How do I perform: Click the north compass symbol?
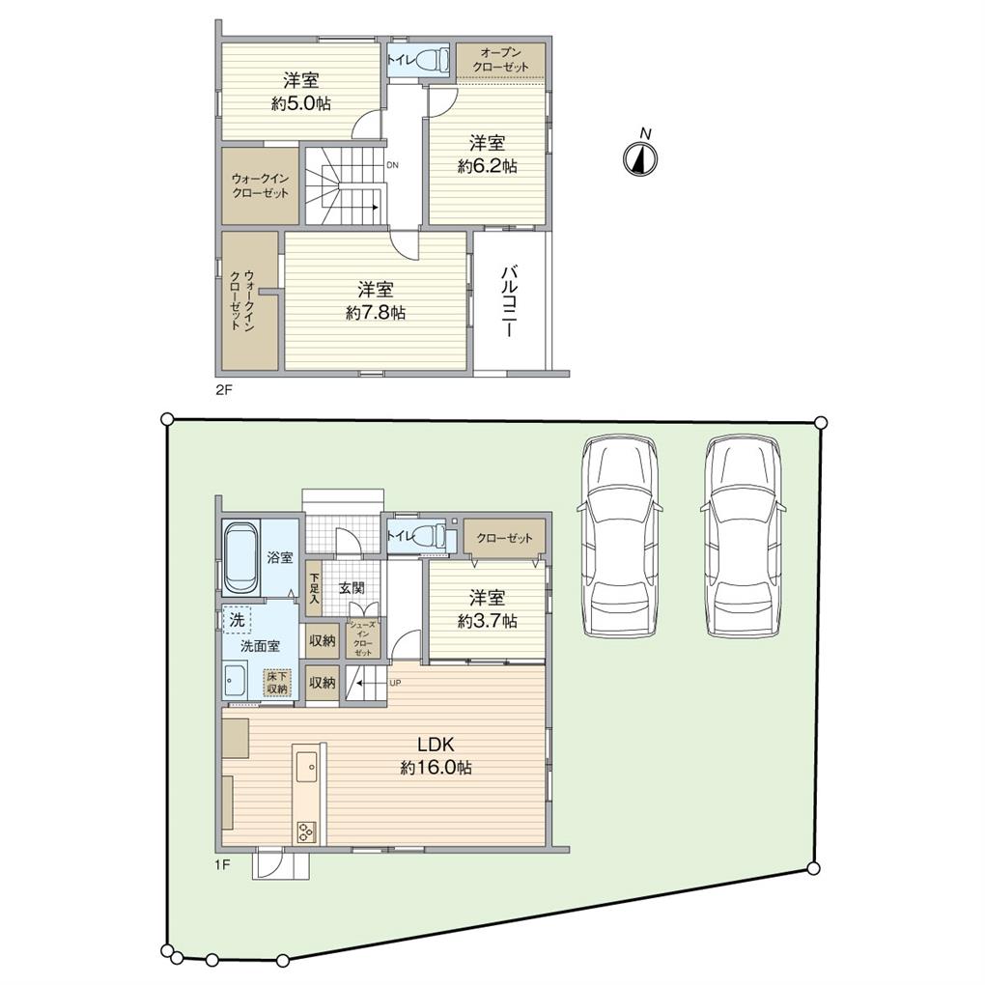(639, 158)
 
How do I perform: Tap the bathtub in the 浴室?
(240, 558)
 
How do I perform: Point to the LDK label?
(436, 745)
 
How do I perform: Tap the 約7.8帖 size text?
(376, 313)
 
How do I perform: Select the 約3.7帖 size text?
(488, 621)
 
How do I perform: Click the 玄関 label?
(352, 589)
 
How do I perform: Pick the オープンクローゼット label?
(500, 60)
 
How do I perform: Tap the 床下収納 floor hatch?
(276, 681)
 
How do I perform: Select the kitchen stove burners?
(307, 831)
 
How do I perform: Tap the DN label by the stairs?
(393, 166)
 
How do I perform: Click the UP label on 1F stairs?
(396, 682)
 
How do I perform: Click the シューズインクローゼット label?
(363, 638)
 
